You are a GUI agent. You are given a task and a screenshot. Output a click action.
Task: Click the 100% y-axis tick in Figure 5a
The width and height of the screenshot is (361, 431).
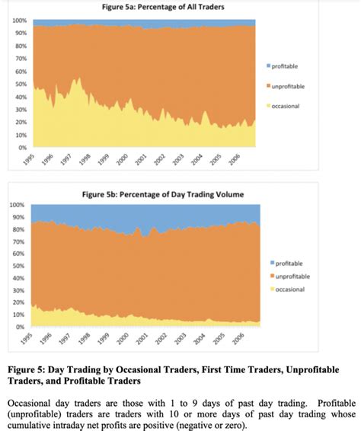pos(21,21)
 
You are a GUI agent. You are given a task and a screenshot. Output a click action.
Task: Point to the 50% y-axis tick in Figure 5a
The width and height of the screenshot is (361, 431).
pos(22,84)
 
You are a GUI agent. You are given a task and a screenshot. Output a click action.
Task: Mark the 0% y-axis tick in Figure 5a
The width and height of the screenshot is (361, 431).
pos(24,147)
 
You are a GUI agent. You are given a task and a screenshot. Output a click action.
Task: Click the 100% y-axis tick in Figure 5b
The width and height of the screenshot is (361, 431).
pos(18,205)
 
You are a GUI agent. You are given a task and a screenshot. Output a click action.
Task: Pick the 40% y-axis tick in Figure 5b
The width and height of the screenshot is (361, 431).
pos(19,278)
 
